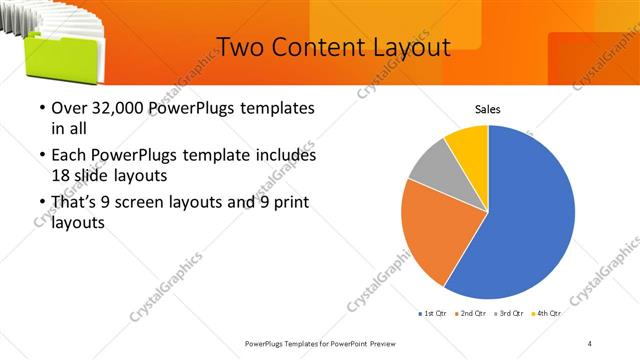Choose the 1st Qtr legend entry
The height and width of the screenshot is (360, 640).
point(434,314)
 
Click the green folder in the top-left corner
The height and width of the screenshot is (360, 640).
point(50,55)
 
